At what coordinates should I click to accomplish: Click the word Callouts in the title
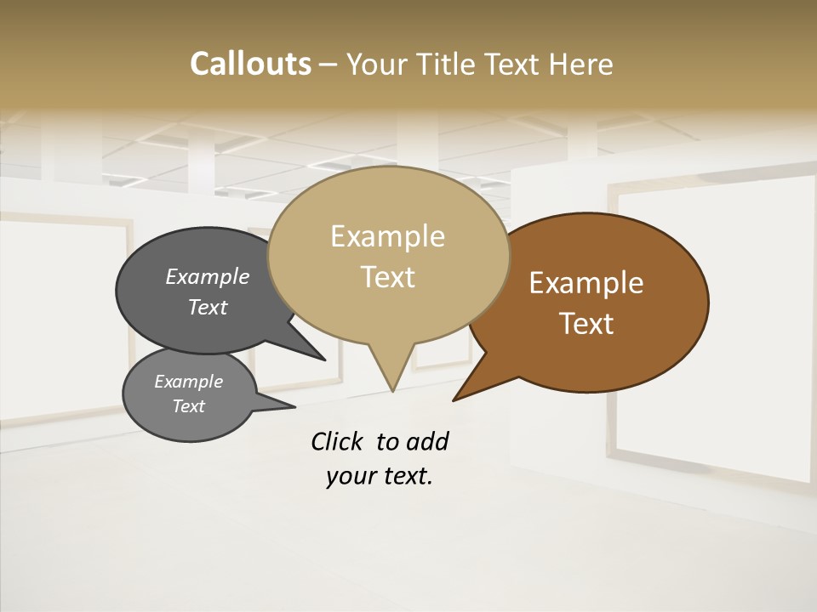click(x=250, y=64)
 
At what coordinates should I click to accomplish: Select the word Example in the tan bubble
click(x=387, y=236)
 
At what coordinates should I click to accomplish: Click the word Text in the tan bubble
click(x=387, y=276)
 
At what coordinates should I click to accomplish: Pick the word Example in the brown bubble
click(x=586, y=283)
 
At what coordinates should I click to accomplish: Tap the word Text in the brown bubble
click(x=586, y=323)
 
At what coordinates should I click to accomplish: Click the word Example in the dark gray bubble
click(x=207, y=276)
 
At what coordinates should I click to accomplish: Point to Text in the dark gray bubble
click(x=207, y=307)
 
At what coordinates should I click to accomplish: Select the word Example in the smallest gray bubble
click(x=188, y=382)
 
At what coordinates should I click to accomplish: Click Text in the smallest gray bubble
click(x=188, y=406)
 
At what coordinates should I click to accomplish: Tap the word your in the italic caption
click(x=350, y=476)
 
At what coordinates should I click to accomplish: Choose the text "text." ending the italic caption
click(x=404, y=476)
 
